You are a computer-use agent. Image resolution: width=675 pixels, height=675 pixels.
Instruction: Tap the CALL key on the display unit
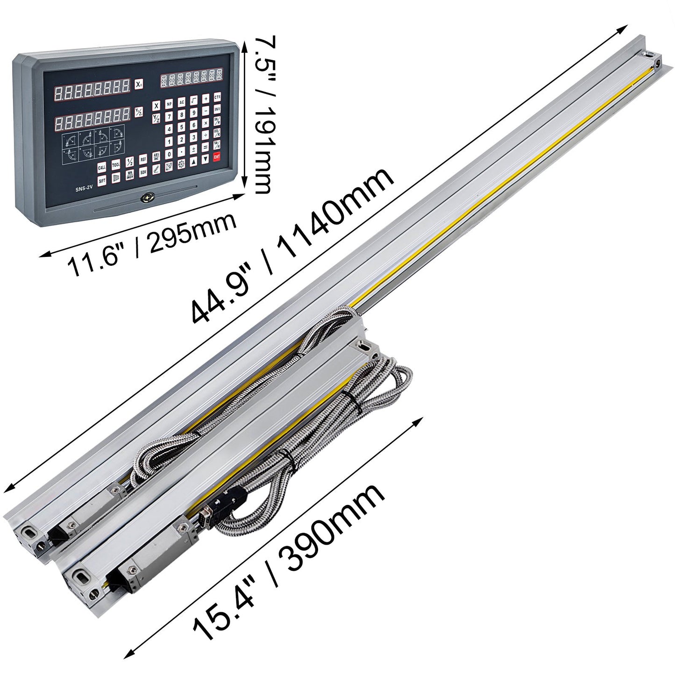[101, 167]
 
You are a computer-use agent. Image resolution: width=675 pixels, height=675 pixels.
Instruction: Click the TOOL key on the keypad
[115, 164]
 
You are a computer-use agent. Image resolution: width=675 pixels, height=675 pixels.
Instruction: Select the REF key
[144, 159]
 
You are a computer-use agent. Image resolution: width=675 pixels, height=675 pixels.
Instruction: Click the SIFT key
[101, 180]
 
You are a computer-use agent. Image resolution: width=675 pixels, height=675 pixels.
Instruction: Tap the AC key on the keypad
[181, 102]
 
